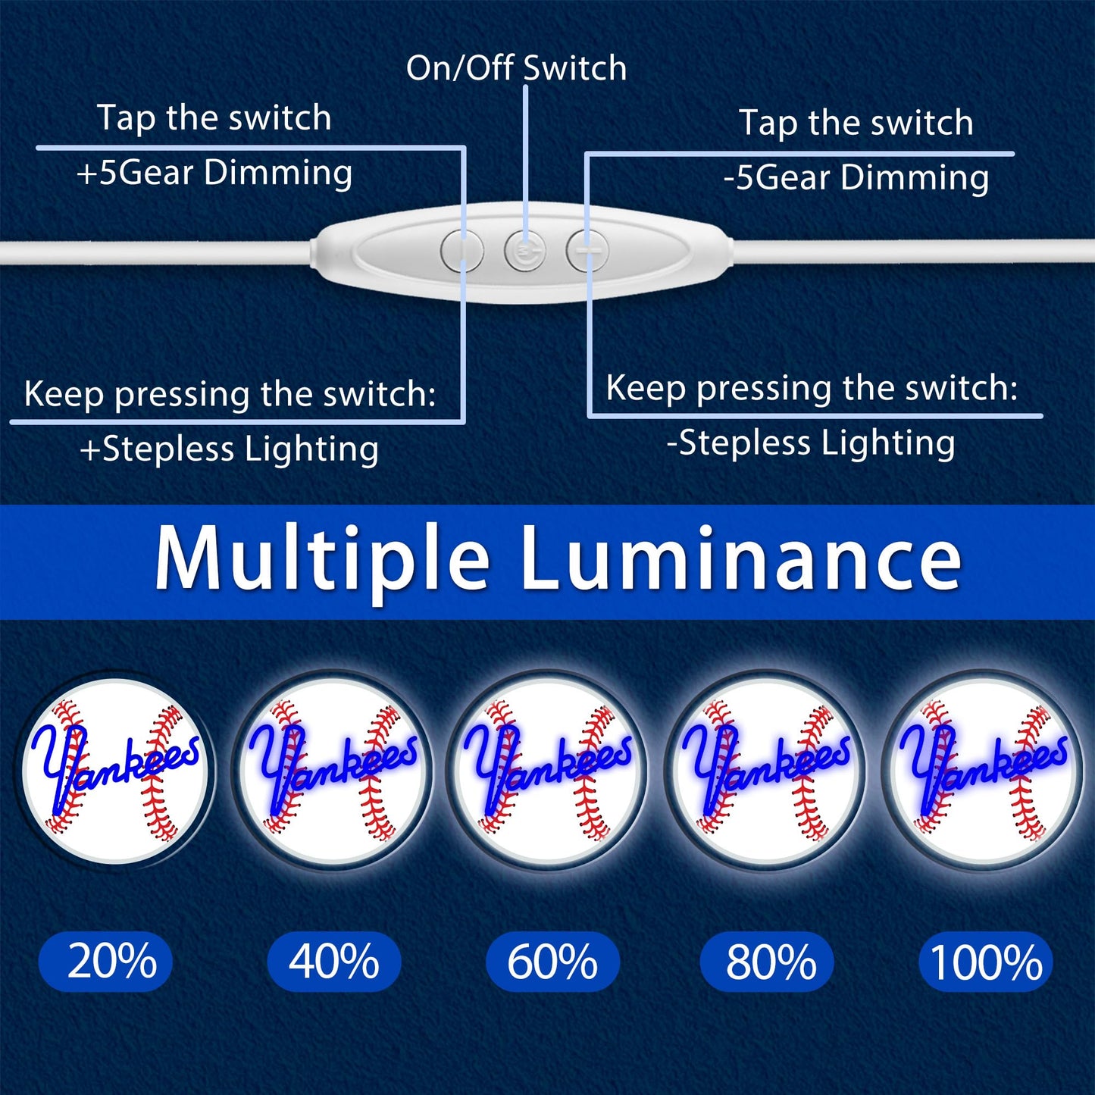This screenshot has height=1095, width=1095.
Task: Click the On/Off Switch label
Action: click(516, 68)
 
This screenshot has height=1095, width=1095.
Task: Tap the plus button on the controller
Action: click(462, 250)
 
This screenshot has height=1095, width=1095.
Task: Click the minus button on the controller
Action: click(587, 250)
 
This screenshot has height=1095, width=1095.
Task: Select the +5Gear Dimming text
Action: click(214, 173)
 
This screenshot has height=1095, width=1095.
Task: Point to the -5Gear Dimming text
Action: click(856, 177)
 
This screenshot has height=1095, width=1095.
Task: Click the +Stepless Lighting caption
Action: click(229, 449)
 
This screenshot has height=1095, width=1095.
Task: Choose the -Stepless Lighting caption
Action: click(811, 444)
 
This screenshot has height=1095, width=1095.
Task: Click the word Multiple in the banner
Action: click(321, 557)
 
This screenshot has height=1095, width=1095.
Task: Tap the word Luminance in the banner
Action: click(742, 557)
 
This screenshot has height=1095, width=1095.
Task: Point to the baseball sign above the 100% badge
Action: click(983, 770)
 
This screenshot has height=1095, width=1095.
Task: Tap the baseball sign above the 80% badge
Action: click(766, 770)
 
